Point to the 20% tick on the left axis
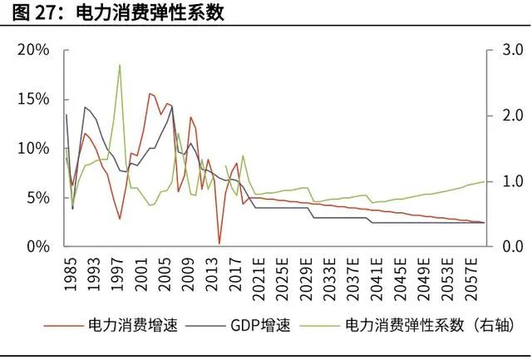[x=34, y=50]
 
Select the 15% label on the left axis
[x=34, y=99]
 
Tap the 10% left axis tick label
[x=34, y=148]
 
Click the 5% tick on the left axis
[x=38, y=198]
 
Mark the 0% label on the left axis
[x=38, y=247]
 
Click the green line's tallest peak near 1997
[x=121, y=65]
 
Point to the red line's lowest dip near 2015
[x=219, y=244]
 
